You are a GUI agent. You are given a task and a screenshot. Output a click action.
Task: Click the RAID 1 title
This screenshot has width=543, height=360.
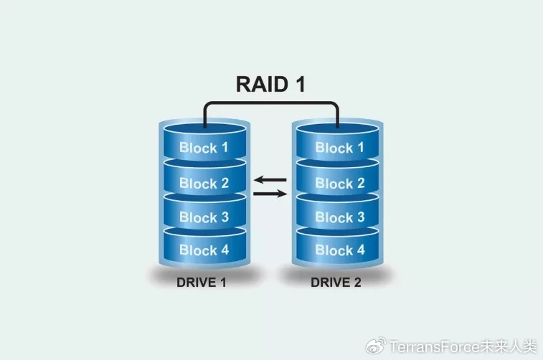(x=270, y=84)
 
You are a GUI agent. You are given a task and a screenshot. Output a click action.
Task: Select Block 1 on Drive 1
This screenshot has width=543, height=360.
(x=204, y=148)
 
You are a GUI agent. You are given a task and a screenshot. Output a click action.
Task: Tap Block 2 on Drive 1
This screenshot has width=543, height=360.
(x=204, y=183)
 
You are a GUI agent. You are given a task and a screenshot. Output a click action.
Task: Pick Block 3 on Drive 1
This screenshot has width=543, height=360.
(x=204, y=217)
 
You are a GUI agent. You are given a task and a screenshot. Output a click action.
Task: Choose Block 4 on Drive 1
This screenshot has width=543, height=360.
(x=204, y=250)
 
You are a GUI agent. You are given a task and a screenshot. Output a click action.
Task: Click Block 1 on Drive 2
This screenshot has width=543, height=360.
(x=340, y=148)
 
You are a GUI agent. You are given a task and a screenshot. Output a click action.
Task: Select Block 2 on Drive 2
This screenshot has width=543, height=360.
(x=340, y=183)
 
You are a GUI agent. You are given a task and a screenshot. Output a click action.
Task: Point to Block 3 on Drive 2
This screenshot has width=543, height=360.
(x=340, y=217)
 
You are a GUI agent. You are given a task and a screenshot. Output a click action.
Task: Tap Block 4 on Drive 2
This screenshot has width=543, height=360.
(x=340, y=250)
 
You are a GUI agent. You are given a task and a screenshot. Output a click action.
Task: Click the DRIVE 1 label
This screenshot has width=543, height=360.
(x=201, y=283)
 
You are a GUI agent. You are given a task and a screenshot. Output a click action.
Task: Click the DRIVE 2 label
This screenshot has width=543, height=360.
(x=336, y=283)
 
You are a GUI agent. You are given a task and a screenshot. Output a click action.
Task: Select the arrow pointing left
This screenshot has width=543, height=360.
(x=270, y=180)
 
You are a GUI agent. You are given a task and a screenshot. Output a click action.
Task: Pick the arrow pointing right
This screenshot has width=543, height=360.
(x=270, y=194)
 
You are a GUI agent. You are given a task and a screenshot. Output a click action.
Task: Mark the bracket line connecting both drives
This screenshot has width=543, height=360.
(x=271, y=103)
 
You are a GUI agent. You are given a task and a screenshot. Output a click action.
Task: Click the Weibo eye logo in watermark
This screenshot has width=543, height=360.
(x=376, y=346)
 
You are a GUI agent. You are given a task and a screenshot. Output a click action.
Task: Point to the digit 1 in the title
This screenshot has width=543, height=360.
(x=300, y=84)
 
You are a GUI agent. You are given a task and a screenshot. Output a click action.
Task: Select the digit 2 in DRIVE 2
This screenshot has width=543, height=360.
(x=357, y=283)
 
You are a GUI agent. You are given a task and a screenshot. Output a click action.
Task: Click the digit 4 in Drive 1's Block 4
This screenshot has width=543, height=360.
(x=225, y=250)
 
